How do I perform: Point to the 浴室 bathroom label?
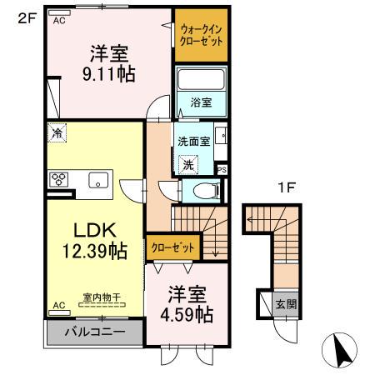click(200, 102)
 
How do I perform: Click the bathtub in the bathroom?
click(201, 82)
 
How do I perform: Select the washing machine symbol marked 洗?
click(189, 164)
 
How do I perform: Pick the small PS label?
click(222, 169)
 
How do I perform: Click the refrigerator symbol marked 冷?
click(57, 132)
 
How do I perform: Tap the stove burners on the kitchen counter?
click(60, 178)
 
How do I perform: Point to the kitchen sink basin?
click(98, 178)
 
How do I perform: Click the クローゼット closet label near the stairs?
click(175, 247)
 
